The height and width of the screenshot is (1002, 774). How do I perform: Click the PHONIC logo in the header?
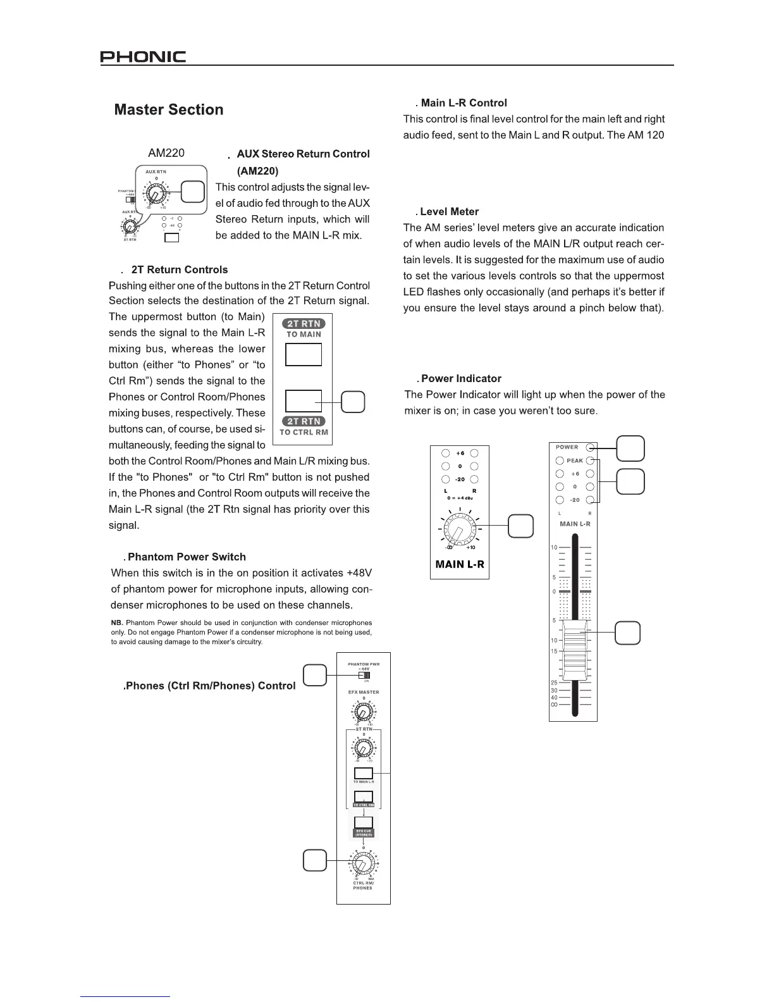click(x=143, y=58)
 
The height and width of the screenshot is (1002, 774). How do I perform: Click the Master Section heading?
click(x=169, y=110)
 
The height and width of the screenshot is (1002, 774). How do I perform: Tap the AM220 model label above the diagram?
click(x=166, y=153)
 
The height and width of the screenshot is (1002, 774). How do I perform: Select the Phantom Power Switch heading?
click(x=187, y=557)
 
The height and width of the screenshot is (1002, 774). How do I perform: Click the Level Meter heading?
click(x=450, y=212)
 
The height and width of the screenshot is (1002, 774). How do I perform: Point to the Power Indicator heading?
click(x=461, y=379)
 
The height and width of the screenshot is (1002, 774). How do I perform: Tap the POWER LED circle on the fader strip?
click(x=590, y=447)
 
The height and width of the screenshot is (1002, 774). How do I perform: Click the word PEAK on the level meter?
click(x=575, y=461)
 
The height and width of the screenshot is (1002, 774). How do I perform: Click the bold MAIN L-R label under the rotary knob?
click(x=460, y=564)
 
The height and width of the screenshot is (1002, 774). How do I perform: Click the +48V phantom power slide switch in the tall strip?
click(x=364, y=675)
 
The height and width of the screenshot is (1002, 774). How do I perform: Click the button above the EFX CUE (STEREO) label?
click(x=364, y=822)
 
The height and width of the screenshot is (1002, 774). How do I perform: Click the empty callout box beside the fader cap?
click(x=628, y=633)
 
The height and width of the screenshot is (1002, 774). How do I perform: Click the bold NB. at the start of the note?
click(x=117, y=623)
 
